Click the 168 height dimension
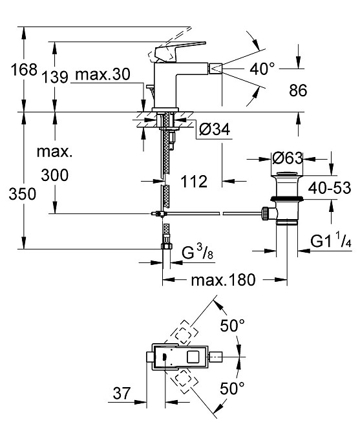[24, 69]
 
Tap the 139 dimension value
[55, 77]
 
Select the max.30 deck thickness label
[102, 74]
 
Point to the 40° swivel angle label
[262, 69]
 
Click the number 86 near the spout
[298, 90]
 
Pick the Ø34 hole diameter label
[214, 129]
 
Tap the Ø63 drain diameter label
[287, 158]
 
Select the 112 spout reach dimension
[194, 182]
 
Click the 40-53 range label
[330, 188]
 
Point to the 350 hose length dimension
[23, 194]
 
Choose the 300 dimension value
[55, 175]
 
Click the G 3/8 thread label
[197, 252]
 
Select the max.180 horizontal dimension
[224, 280]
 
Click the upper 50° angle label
[232, 326]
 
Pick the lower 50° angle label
[232, 388]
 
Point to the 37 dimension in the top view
[122, 393]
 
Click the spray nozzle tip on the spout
[217, 69]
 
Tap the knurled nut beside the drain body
[265, 213]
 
